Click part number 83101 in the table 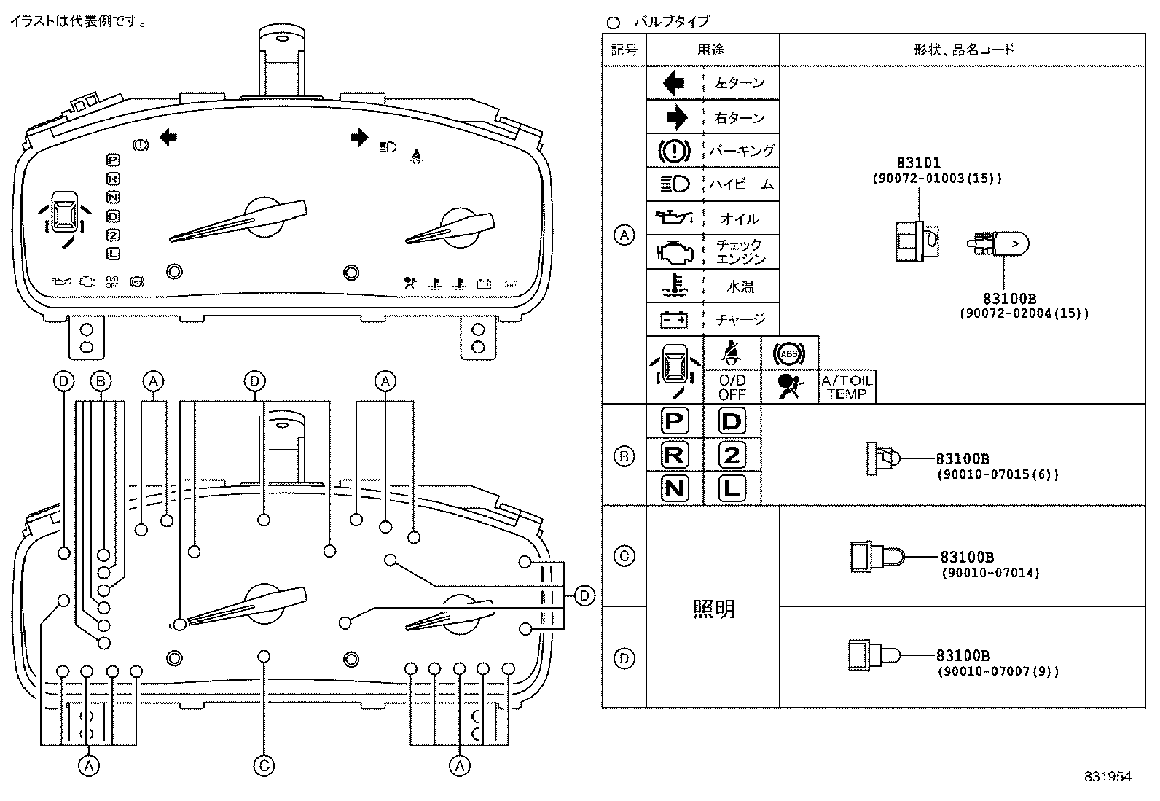tap(918, 163)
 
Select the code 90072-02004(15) tap(1023, 313)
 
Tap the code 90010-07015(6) tap(997, 474)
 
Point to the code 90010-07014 tap(990, 573)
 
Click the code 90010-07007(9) tap(998, 672)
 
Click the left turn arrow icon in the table tap(674, 83)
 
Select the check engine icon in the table tap(674, 251)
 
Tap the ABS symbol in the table tap(789, 354)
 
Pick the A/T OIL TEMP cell tap(847, 387)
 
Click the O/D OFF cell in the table tap(732, 387)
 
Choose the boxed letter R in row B tap(674, 455)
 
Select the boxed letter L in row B tap(732, 488)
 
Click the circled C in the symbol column tap(624, 556)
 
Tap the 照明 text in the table tap(713, 609)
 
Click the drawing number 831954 tap(1107, 777)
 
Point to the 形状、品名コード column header tap(963, 50)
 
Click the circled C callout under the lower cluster tap(264, 765)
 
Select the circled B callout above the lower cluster tap(101, 380)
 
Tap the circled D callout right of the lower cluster tap(584, 596)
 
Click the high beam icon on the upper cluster tap(387, 147)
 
